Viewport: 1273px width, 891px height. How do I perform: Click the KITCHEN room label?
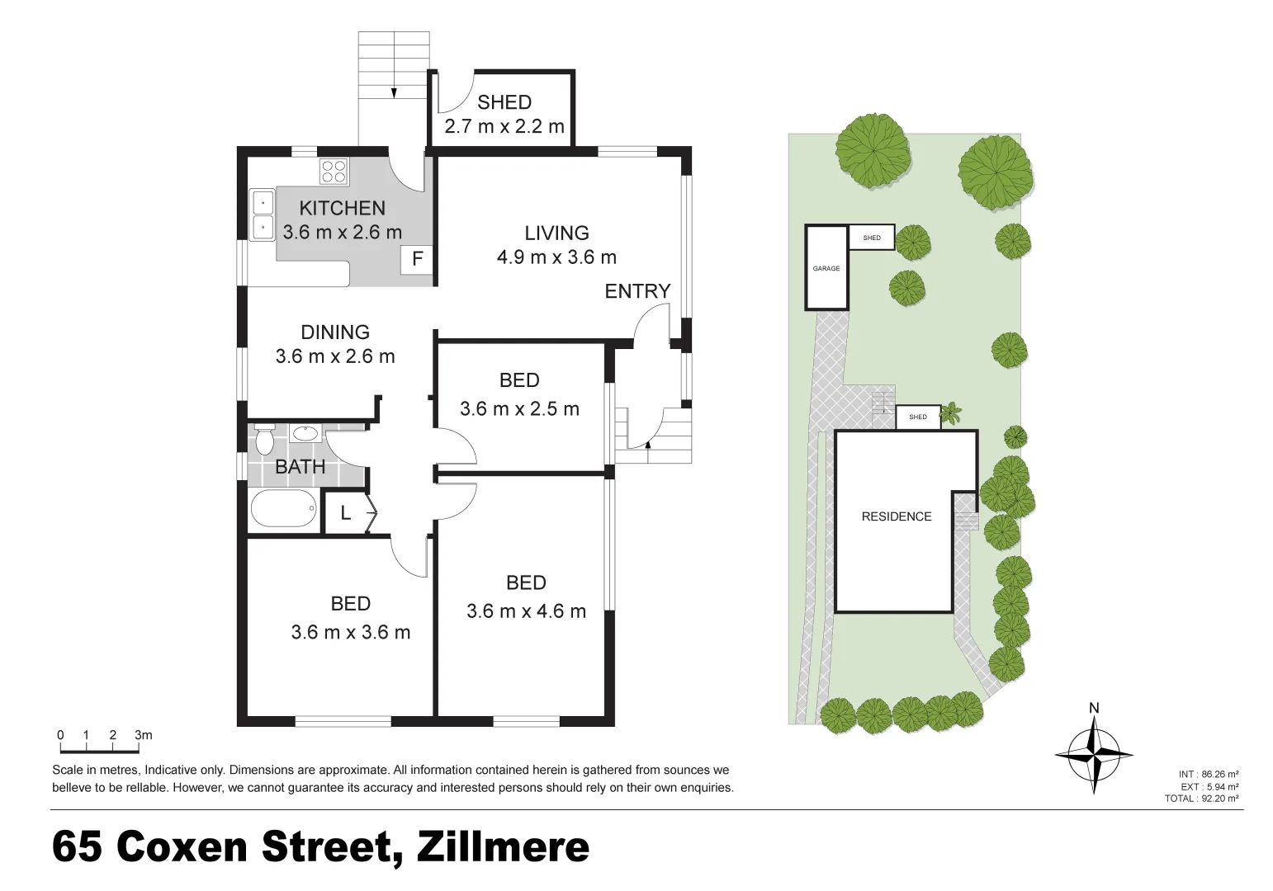[x=342, y=208]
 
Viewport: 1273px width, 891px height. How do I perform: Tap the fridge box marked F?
[x=417, y=259]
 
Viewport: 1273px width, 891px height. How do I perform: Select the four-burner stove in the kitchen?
[x=334, y=171]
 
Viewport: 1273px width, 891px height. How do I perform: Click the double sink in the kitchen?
[x=263, y=214]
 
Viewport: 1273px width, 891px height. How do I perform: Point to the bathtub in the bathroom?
[x=283, y=509]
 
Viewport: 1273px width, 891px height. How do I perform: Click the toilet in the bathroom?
[x=264, y=439]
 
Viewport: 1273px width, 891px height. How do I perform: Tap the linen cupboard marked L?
[x=346, y=513]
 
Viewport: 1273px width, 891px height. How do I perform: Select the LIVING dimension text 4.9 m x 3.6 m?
[x=556, y=257]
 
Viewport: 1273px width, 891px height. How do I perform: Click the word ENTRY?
[x=637, y=291]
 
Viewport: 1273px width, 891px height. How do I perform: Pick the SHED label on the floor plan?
[x=504, y=102]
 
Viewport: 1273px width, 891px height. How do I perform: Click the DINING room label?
[x=334, y=332]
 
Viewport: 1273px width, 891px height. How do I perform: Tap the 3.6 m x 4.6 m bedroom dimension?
[x=526, y=611]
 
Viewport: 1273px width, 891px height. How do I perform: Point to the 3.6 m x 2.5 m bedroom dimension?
[x=519, y=408]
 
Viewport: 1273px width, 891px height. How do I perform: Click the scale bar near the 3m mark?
[x=137, y=749]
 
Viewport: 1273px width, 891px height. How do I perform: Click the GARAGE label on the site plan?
[x=826, y=268]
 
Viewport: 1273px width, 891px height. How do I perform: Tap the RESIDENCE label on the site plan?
[x=897, y=516]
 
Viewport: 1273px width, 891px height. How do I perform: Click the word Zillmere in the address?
[x=504, y=847]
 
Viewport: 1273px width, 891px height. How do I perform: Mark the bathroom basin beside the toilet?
[x=305, y=432]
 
